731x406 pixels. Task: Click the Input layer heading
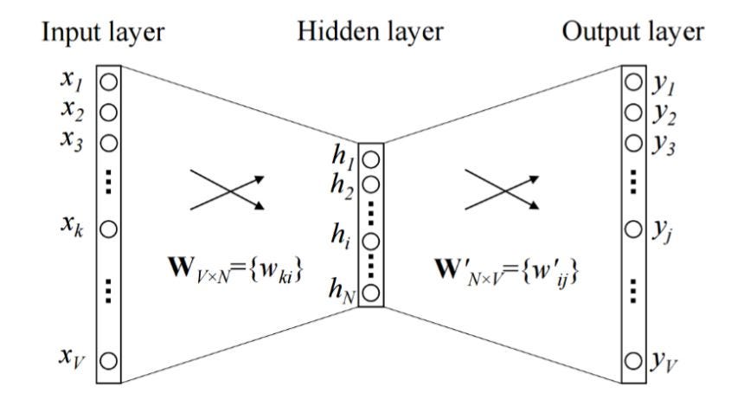point(103,33)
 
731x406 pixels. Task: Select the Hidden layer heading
point(369,33)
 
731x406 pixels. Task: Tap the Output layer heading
point(632,33)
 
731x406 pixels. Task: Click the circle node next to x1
point(109,82)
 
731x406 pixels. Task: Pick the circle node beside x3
point(109,143)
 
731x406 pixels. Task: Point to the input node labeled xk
point(109,229)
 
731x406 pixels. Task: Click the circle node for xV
point(109,361)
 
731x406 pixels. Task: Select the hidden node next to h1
point(370,160)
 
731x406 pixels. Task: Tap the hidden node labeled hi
point(370,242)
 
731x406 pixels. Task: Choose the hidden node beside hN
point(370,293)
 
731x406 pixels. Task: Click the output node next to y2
point(633,113)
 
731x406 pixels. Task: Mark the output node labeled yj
point(633,229)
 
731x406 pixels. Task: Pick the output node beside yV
point(633,361)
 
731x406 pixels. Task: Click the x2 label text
point(73,111)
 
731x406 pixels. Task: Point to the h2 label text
point(342,187)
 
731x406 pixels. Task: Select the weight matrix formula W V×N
point(235,270)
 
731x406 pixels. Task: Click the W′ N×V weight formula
point(507,271)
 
